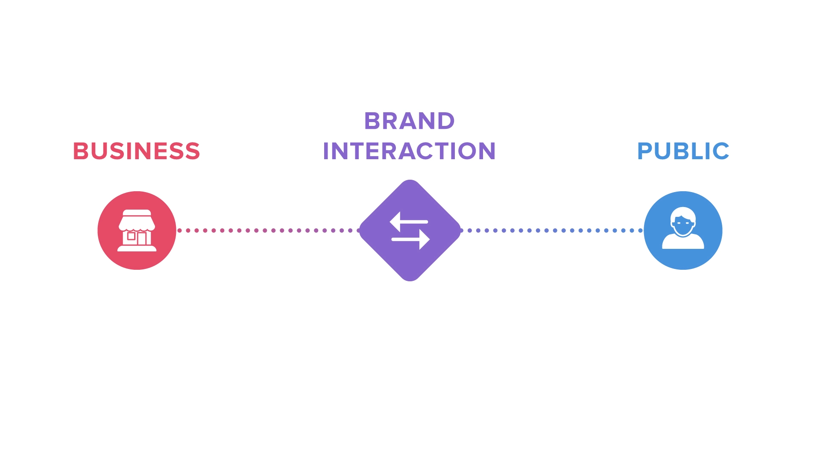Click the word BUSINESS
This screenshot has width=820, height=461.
[136, 151]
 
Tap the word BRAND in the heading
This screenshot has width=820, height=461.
[410, 121]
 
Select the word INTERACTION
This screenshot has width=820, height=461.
[409, 151]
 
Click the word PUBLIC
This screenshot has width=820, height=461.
[683, 151]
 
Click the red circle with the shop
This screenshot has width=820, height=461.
[137, 230]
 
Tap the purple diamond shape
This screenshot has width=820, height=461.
[410, 230]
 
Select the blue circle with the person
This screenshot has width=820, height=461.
[683, 230]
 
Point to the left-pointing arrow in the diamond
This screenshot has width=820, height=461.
[409, 222]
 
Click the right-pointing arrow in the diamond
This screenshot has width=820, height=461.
[410, 239]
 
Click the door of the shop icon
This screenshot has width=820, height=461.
[142, 239]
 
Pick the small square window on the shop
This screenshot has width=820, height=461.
[132, 236]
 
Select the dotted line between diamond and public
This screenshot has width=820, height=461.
[551, 230]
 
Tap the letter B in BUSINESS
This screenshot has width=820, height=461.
[80, 151]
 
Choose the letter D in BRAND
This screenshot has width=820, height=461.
[446, 121]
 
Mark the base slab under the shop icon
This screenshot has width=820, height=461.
[137, 248]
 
